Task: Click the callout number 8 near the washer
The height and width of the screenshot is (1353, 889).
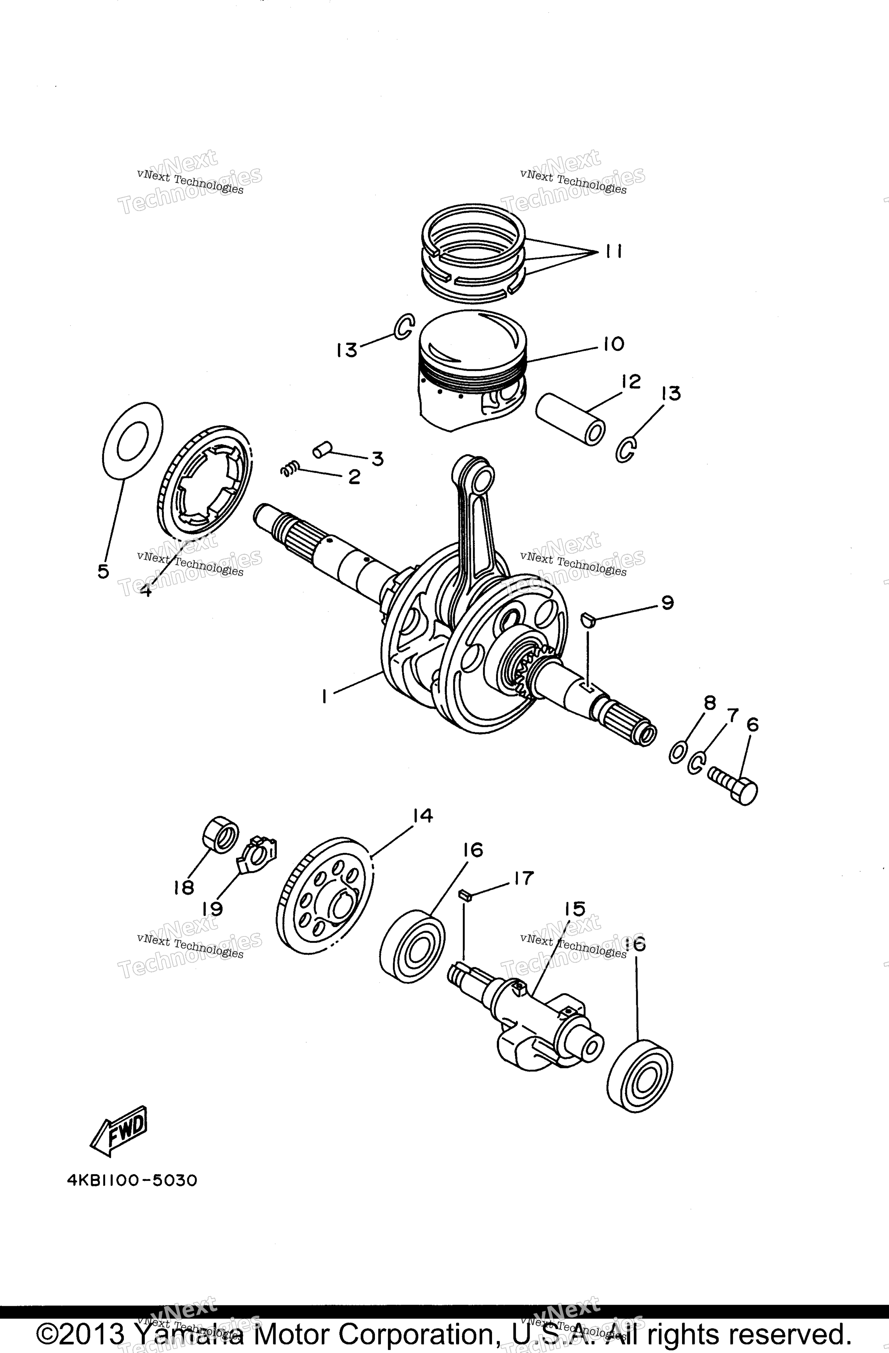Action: tap(710, 703)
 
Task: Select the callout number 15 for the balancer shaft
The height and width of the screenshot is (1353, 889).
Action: tap(575, 909)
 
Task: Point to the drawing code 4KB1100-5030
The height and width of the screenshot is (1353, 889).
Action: tap(132, 1197)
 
